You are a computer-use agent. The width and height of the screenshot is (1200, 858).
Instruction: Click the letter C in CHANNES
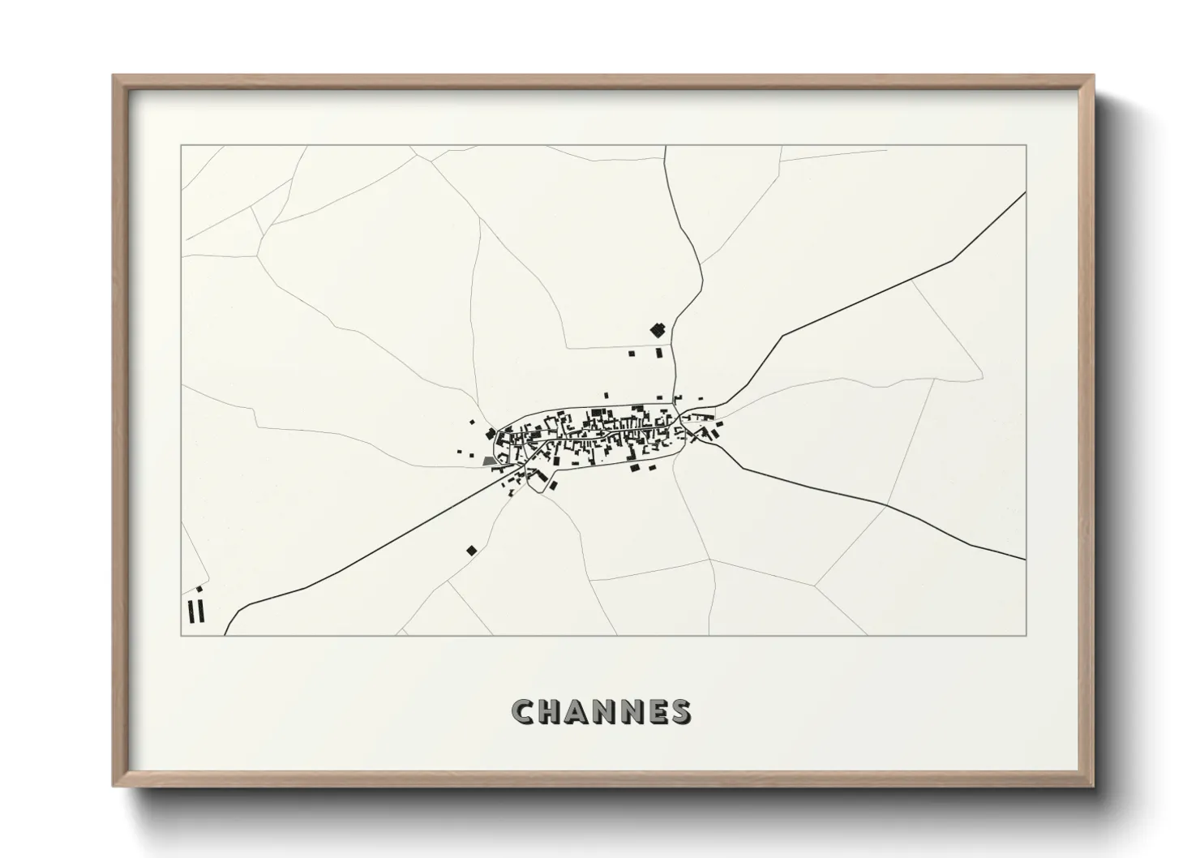click(523, 711)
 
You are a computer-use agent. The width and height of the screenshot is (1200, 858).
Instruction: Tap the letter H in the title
click(551, 711)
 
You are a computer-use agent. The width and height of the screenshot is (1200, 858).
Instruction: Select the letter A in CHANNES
click(578, 711)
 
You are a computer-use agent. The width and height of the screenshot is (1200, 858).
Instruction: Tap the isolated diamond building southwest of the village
click(471, 550)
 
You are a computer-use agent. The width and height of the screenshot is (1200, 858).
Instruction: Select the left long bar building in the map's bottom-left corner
click(191, 611)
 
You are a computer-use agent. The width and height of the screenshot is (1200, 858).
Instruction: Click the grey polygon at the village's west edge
click(489, 460)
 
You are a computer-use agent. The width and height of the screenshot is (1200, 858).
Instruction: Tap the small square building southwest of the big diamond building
click(632, 354)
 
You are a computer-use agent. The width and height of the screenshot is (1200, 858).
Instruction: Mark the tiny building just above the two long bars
click(199, 589)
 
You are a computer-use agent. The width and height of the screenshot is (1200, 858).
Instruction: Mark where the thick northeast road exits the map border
click(1026, 193)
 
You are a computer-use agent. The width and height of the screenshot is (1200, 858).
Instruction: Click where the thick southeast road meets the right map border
click(1026, 560)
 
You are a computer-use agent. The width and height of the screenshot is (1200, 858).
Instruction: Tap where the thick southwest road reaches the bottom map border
click(225, 635)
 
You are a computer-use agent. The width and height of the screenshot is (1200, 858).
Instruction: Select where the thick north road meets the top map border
click(665, 146)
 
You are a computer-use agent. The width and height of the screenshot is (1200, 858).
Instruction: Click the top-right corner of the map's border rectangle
click(1026, 145)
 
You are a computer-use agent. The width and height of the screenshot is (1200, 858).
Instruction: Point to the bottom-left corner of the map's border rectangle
click(181, 636)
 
